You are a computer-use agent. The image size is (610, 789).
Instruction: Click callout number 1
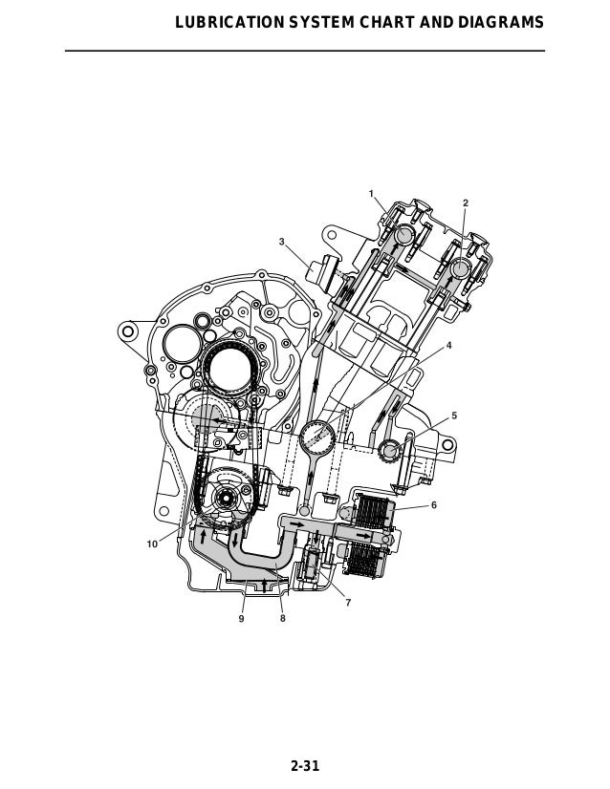coord(371,194)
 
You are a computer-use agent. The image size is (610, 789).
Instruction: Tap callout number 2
coord(466,203)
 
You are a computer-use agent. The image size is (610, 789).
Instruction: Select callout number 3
coord(282,242)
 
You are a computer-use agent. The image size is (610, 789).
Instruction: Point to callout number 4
coord(448,346)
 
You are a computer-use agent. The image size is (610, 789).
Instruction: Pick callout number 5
coord(454,416)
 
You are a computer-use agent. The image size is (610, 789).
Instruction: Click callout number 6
coord(434,504)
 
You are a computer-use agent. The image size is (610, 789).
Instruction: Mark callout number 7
coord(348,603)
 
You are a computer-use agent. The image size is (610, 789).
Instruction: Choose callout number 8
coord(283,618)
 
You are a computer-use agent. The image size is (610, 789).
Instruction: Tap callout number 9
coord(241,618)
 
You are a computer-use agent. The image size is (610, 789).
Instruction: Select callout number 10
coord(152,544)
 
